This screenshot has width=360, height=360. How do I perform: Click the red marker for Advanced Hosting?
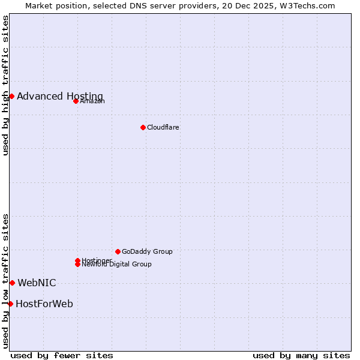pos(11,96)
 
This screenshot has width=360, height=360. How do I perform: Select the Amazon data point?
pos(76,101)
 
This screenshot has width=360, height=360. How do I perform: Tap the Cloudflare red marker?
pos(143,127)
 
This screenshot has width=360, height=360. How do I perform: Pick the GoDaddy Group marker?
pos(118,251)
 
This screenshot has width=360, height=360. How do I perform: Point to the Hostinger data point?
pos(77,260)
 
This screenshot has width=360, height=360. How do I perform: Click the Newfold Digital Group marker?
pos(77,264)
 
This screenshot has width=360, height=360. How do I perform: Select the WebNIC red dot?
pos(12,283)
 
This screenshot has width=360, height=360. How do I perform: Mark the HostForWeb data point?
pos(10,304)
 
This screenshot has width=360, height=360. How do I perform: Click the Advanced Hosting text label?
pos(60,96)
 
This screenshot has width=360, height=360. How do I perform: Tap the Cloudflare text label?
pos(163,127)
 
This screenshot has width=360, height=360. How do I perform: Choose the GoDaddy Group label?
pos(147,251)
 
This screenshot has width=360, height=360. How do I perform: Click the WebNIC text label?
pos(37,283)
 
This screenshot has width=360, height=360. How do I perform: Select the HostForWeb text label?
pos(44,304)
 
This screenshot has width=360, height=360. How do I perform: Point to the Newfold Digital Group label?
pos(116,265)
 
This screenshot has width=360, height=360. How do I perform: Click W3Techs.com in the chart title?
pos(305,5)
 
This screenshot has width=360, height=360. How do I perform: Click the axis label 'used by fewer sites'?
pos(62,355)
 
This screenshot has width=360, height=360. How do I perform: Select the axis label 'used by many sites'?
pos(301,355)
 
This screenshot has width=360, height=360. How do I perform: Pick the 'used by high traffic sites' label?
pos(5,85)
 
